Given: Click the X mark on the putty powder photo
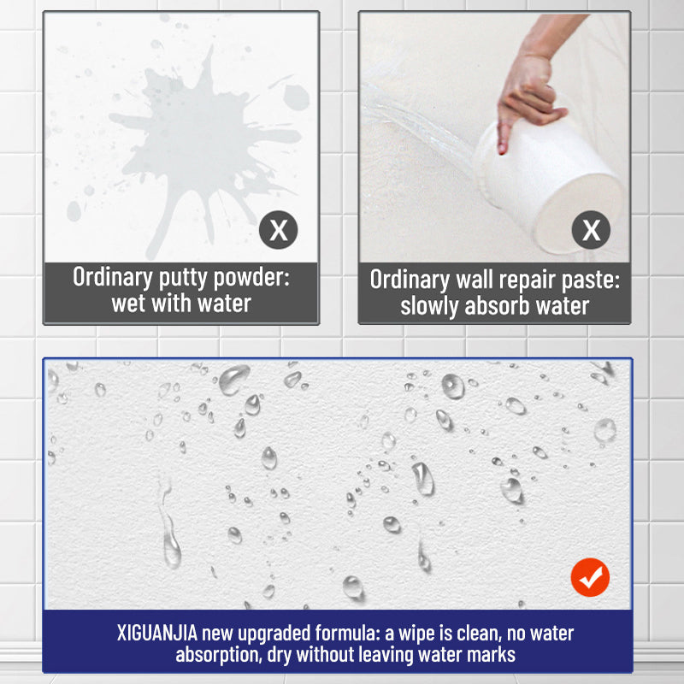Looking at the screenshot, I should point(279,230).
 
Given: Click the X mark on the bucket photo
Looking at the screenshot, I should point(591,230).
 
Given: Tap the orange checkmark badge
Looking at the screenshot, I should point(590,579).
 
